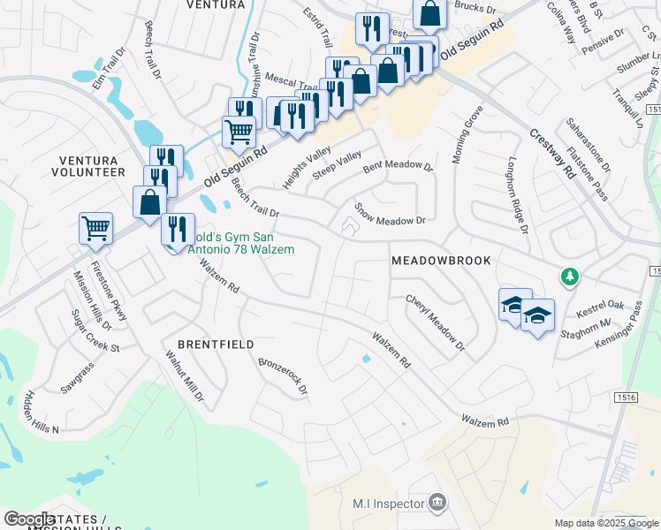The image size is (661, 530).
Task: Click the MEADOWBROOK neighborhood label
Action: pos(440,261)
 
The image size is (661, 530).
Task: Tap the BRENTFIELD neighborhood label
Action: pos(216,344)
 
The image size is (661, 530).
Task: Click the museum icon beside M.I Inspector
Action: pos(437,503)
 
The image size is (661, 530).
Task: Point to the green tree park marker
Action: pos(571,277)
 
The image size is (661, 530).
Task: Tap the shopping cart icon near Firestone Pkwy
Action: pos(95,227)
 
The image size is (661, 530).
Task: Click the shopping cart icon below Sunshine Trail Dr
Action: pos(239,132)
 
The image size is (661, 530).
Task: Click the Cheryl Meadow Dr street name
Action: pos(435,322)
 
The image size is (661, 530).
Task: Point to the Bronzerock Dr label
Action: pos(283,375)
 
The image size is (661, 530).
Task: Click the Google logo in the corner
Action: pos(29,519)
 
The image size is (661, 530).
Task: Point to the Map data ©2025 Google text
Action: pos(605,523)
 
